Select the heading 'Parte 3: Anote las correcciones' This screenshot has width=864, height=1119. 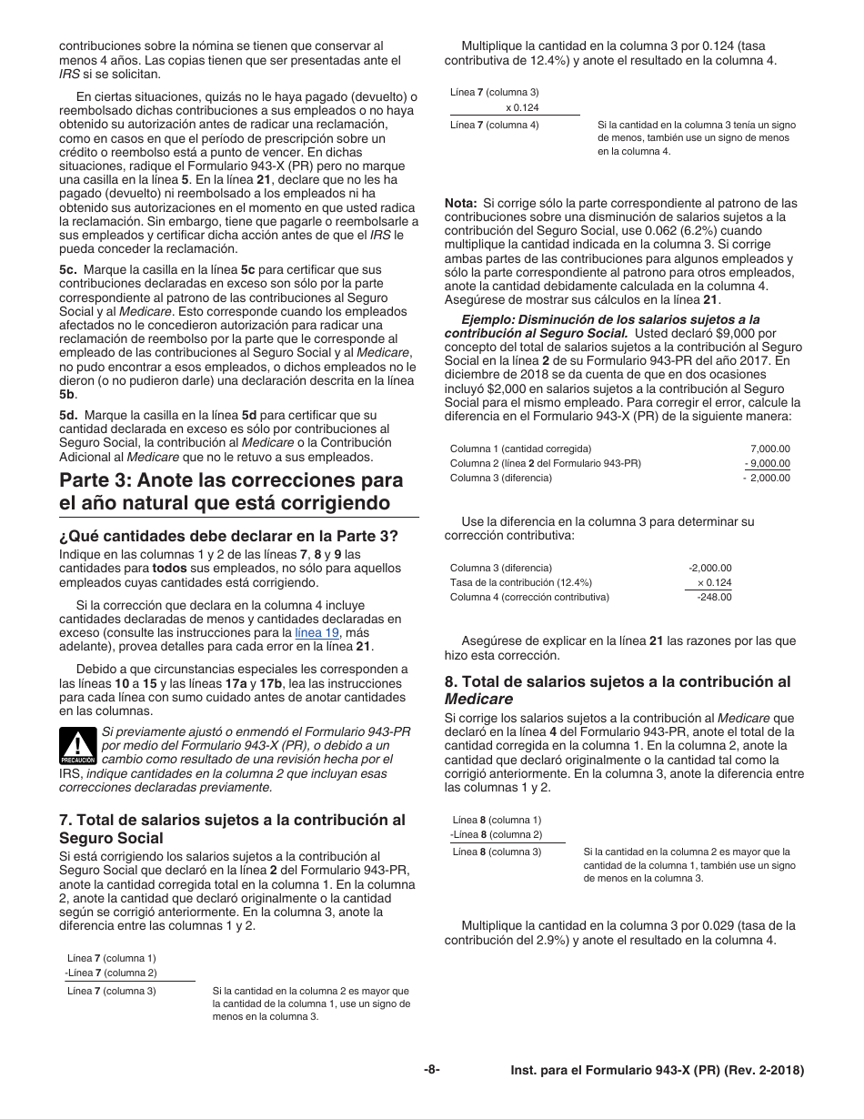(x=231, y=491)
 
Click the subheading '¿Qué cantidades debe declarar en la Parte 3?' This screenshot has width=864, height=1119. (x=228, y=536)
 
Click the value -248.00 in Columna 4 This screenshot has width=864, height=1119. (x=714, y=597)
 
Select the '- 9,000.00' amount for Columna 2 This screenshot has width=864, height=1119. (x=767, y=463)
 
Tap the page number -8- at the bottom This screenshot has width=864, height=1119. (x=432, y=1070)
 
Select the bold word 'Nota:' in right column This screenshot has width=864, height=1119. (x=460, y=203)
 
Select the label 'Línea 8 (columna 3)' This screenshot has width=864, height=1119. (x=496, y=852)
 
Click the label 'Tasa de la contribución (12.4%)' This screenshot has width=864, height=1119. (x=520, y=582)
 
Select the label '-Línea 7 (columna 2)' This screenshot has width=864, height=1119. (x=110, y=973)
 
